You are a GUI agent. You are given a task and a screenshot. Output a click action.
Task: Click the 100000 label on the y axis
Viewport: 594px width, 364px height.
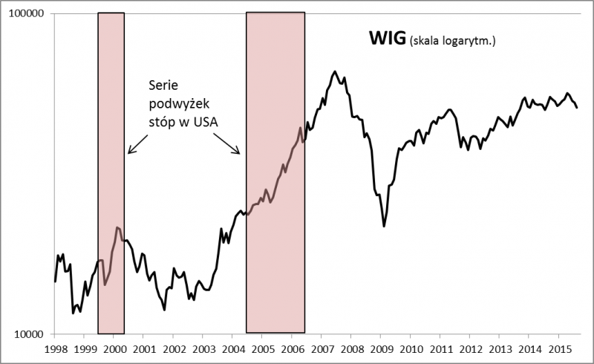click(x=26, y=14)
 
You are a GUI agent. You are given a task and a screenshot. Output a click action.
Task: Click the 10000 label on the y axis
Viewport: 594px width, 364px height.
click(x=29, y=334)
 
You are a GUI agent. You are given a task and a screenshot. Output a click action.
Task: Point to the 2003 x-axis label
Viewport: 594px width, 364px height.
click(x=203, y=348)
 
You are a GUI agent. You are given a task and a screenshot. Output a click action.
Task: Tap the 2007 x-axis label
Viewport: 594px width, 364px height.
click(x=322, y=348)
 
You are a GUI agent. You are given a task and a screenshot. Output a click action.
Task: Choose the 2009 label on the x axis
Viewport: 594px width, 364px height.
click(x=381, y=348)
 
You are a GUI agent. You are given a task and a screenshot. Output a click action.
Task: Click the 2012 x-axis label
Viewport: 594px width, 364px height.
click(x=470, y=348)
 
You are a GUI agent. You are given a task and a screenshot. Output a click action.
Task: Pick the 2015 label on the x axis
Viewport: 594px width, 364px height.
click(x=559, y=348)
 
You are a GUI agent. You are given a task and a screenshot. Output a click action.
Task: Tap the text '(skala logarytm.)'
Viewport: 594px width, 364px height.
click(x=451, y=41)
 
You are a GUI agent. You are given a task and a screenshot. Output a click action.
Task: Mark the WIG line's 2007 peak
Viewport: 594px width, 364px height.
click(x=336, y=71)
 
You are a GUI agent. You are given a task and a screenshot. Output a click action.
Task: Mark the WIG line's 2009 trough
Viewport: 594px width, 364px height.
click(x=384, y=226)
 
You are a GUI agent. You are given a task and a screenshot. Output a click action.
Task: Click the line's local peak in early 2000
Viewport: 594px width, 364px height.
click(x=117, y=227)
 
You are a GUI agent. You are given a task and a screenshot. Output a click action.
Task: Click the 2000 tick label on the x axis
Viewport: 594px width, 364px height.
click(x=114, y=348)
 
